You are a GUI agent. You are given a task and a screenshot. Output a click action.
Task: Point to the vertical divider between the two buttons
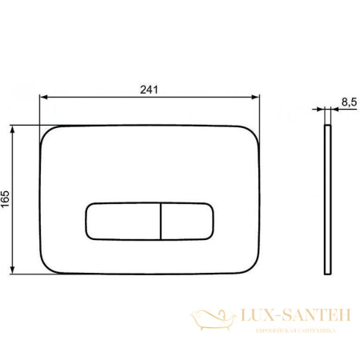coord(162,221)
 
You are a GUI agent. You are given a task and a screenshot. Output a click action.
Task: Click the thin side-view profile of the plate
coord(328,199)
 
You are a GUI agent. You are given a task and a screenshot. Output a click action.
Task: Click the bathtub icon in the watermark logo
coord(211,321)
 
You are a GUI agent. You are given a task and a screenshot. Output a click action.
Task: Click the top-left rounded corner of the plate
coord(47,133)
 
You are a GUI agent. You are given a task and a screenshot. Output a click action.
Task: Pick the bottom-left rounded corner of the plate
coord(47,267)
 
